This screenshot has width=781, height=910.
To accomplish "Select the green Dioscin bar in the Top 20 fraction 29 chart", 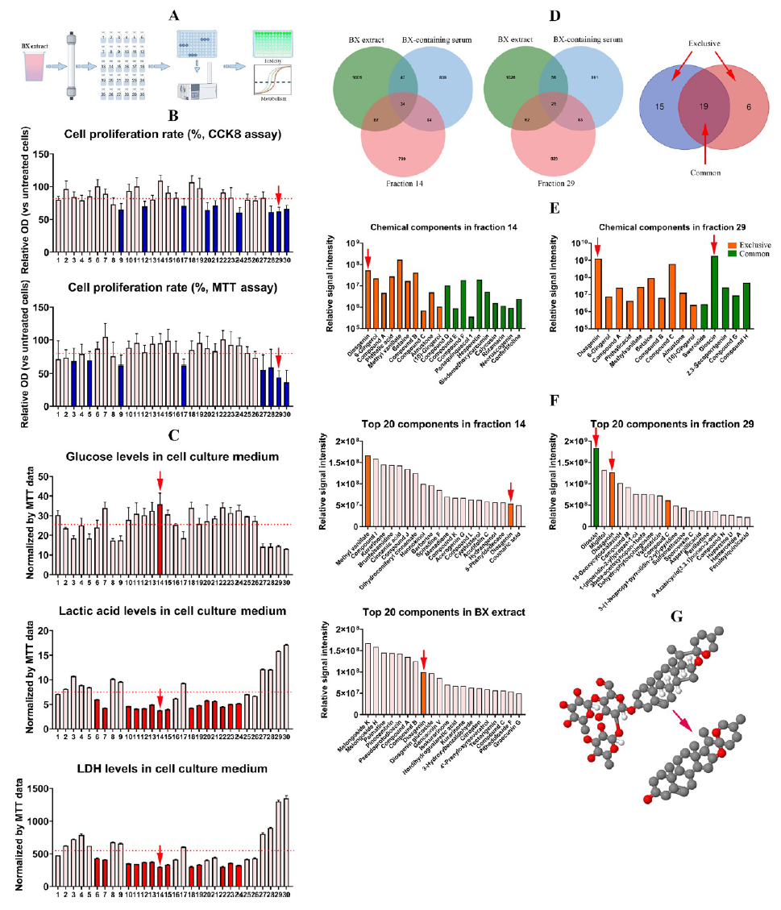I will click(596, 483).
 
